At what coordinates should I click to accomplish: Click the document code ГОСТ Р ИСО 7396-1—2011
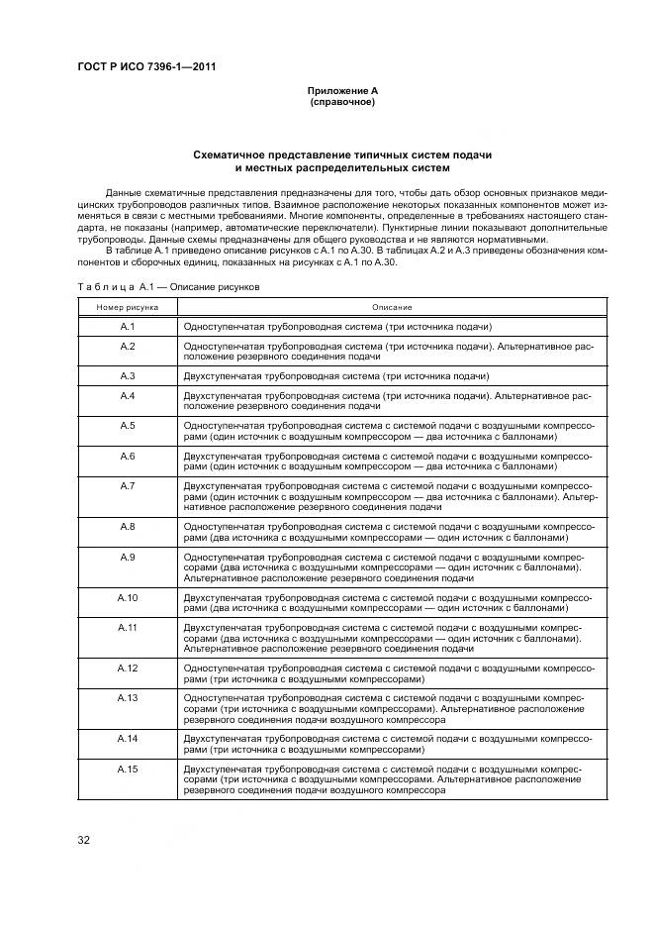tap(146, 67)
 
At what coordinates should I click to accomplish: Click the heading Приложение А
tap(342, 91)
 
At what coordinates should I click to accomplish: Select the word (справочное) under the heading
tap(342, 102)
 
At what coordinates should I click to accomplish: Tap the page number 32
tap(84, 841)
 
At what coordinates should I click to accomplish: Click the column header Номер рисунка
tap(128, 308)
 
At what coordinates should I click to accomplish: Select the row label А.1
tap(128, 326)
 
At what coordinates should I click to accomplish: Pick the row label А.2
tap(128, 346)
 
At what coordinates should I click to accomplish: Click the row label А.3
tap(128, 376)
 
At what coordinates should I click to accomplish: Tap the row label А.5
tap(128, 425)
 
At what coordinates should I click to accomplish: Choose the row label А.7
tap(128, 485)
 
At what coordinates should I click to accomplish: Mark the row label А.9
tap(128, 557)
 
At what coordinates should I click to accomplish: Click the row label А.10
tap(128, 597)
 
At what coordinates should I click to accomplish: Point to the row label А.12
tap(128, 669)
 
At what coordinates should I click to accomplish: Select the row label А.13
tap(128, 698)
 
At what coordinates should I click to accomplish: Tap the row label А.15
tap(128, 770)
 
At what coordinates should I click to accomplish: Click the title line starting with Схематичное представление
tap(342, 155)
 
